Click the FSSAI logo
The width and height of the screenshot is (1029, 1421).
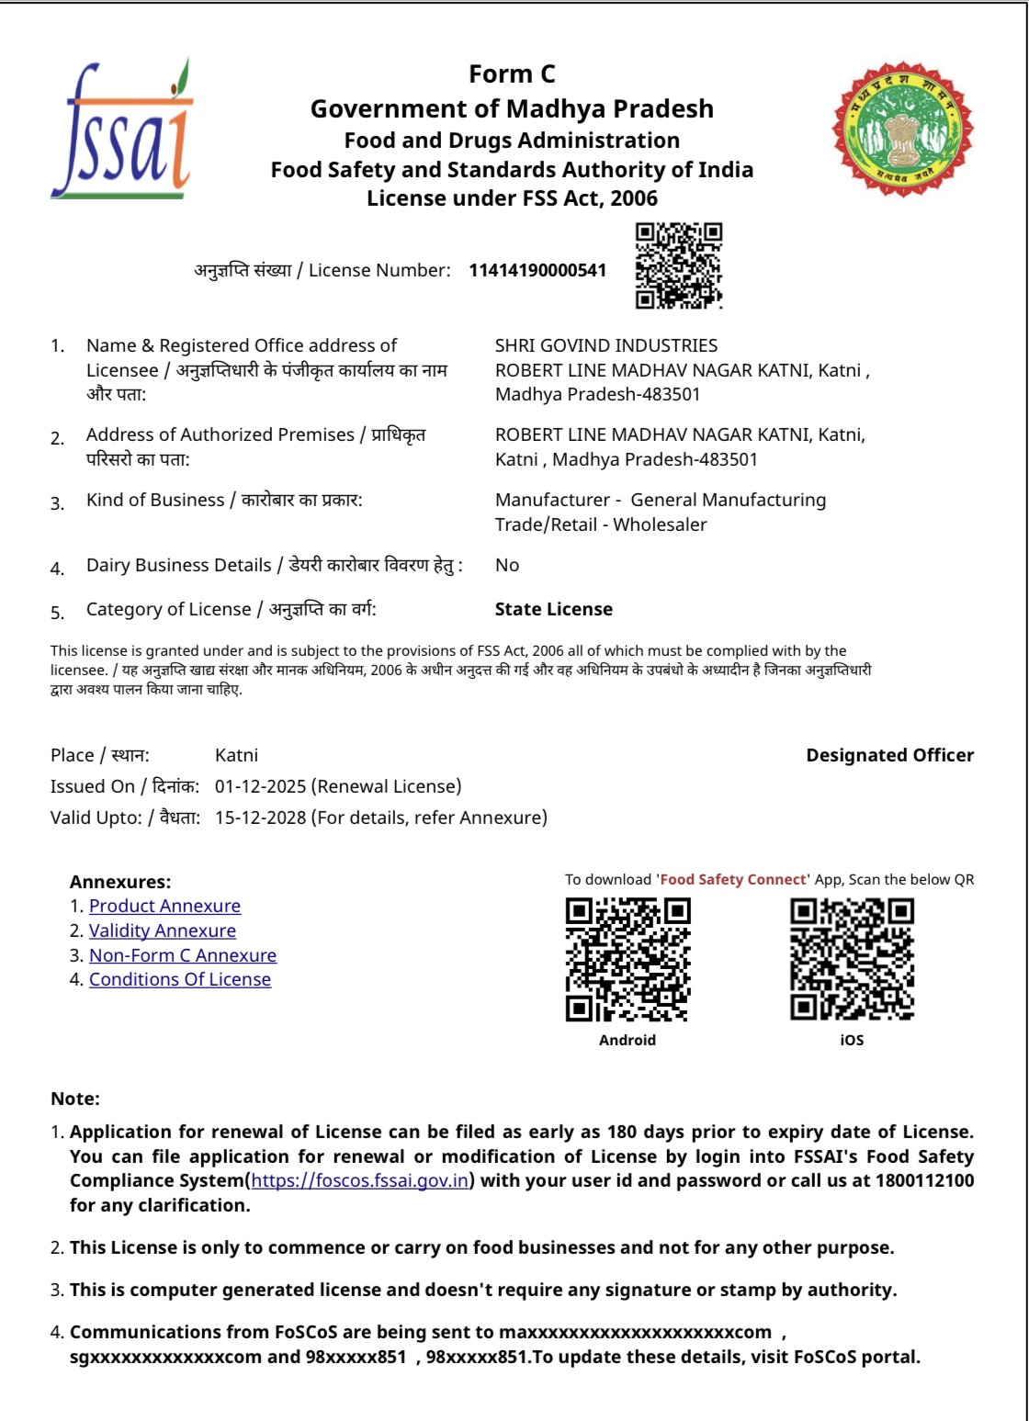[x=122, y=130]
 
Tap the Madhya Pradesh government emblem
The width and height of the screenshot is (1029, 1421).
[x=902, y=130]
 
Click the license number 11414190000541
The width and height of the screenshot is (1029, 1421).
[x=537, y=270]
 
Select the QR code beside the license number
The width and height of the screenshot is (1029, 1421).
[x=679, y=265]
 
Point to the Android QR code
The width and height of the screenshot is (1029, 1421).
[x=628, y=960]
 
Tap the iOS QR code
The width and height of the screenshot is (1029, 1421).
[x=852, y=960]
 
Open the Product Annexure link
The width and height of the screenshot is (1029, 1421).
[x=164, y=906]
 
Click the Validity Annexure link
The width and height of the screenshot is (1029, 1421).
[x=163, y=930]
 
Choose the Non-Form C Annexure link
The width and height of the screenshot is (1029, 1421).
[x=183, y=955]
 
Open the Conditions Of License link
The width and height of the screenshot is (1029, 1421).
[x=180, y=979]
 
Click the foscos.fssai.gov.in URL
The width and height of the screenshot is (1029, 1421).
[x=360, y=1180]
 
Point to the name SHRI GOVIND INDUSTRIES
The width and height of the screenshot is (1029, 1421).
[x=606, y=345]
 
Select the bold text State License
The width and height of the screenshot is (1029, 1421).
[x=554, y=609]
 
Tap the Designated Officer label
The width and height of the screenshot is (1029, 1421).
[x=889, y=755]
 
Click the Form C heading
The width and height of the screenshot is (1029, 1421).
[x=512, y=73]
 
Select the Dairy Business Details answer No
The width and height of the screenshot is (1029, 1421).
[x=507, y=565]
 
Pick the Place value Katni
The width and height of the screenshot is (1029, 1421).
[x=236, y=755]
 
